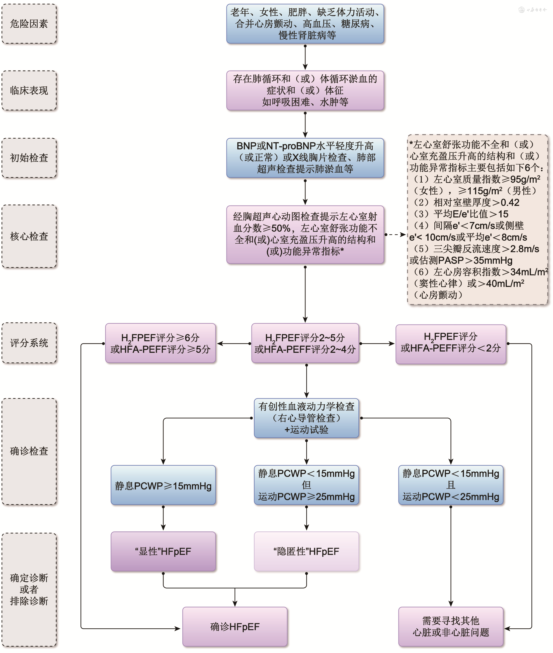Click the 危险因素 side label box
29,24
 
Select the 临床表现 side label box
29,90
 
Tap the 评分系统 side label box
29,343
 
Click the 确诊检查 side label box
29,451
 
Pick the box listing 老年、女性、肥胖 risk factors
305,24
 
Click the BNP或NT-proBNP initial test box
305,158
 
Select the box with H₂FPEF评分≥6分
161,343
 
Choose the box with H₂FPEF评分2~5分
305,343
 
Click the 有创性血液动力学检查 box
306,418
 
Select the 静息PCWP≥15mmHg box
163,485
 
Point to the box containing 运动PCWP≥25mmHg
306,485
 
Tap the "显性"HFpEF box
163,551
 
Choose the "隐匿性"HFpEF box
306,551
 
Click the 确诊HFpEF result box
235,627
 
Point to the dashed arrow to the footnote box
396,235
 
